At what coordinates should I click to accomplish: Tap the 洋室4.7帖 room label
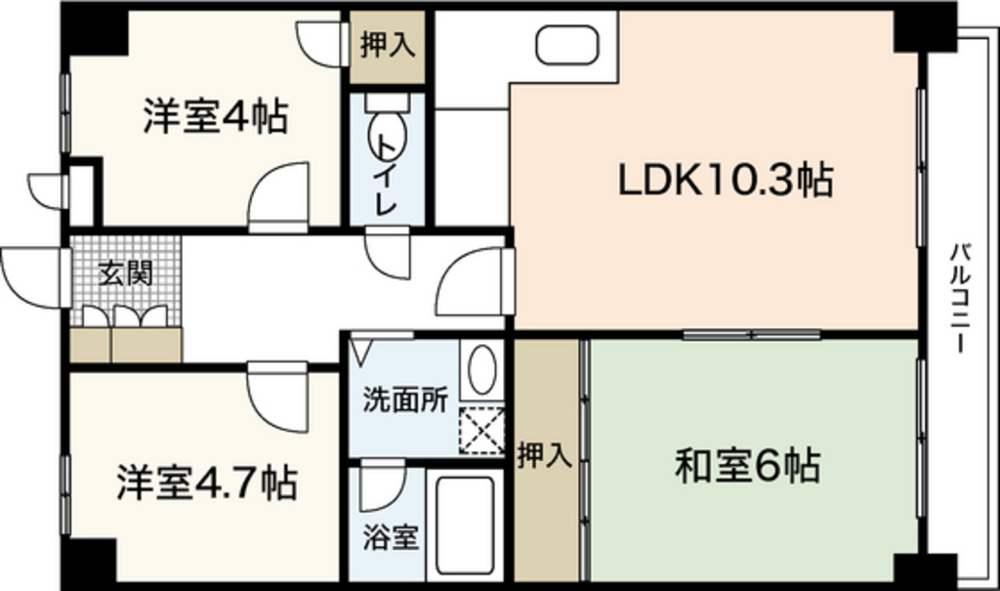pos(207,483)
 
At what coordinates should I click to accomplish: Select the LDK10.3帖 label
pos(725,180)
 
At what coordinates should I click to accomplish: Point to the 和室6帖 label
pos(747,467)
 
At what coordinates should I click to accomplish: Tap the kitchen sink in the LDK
pos(567,44)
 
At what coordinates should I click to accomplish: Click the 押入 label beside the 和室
pos(545,455)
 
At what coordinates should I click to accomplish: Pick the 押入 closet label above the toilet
pos(387,46)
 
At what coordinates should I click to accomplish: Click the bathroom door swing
pos(380,488)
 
